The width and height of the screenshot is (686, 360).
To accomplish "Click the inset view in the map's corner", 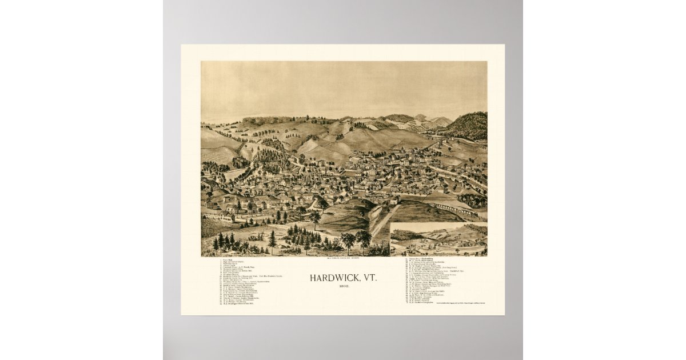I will coord(438,239).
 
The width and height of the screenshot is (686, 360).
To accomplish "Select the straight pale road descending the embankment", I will coord(381,220).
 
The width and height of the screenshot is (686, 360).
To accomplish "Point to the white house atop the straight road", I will coord(393,201).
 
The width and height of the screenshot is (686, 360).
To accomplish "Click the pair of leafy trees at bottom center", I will coord(355,240).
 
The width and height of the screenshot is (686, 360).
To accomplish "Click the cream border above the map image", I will coord(343,53).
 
